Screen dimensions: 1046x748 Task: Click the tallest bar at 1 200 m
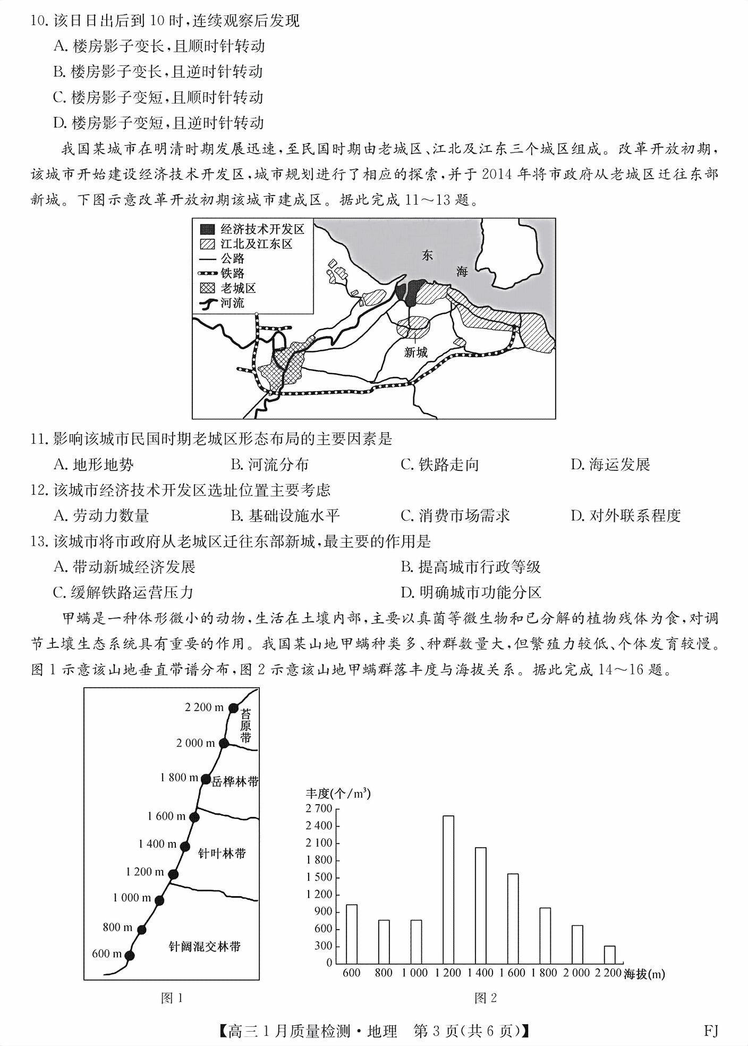tap(448, 889)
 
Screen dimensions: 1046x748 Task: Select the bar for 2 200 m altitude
tap(609, 955)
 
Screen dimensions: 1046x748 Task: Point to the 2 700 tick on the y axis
tap(319, 808)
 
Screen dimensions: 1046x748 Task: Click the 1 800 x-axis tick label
tap(545, 973)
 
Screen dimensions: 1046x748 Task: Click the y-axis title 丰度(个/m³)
tap(338, 794)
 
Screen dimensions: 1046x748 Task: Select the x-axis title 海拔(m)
tap(644, 974)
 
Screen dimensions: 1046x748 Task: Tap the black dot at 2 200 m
tap(233, 707)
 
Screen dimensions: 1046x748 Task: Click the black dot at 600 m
tap(129, 956)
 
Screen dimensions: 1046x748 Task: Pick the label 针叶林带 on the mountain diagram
tap(222, 854)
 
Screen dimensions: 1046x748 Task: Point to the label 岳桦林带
tap(235, 782)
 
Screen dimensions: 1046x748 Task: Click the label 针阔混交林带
tap(204, 947)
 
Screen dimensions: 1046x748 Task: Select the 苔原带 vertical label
tap(245, 726)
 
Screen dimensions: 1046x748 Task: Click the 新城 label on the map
tap(415, 352)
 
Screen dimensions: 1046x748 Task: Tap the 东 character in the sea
tap(427, 255)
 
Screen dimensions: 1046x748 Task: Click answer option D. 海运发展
tap(610, 465)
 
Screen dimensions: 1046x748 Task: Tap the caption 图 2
tap(485, 998)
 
